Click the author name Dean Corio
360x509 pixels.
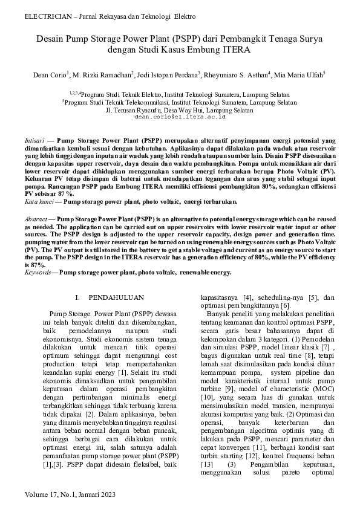(50, 76)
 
